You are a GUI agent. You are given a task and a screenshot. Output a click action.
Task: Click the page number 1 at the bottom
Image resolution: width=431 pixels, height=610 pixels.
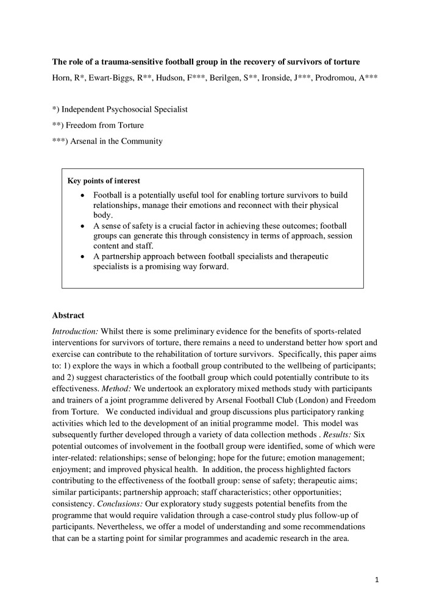coord(377,580)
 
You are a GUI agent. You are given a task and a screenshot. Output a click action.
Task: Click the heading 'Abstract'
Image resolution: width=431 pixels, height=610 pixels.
coord(68,315)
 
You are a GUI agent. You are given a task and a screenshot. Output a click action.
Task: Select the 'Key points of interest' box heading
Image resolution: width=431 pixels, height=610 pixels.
coord(103,181)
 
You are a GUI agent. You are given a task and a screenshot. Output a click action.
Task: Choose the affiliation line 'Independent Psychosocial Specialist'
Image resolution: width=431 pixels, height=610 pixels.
coord(124,109)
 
